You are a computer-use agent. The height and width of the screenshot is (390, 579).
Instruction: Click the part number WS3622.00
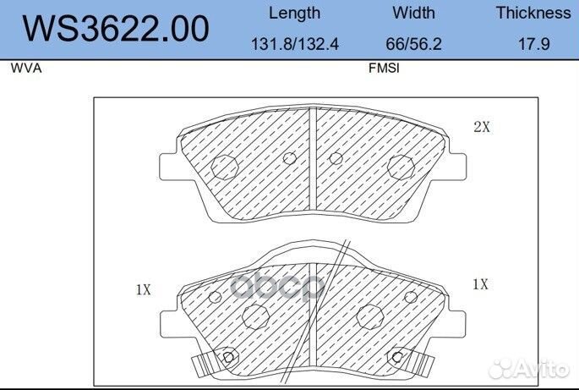point(115,29)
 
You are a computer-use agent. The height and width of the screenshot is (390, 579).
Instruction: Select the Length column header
point(294,13)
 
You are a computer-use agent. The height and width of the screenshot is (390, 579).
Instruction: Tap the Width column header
point(413,13)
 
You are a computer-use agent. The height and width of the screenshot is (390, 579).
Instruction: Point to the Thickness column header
point(533,13)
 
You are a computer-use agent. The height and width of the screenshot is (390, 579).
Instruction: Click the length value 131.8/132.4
point(295,44)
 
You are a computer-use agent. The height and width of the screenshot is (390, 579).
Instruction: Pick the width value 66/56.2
point(413,44)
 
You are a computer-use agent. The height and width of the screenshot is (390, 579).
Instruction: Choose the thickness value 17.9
point(533,44)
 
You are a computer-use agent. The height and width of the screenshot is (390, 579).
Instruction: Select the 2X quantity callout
point(482,128)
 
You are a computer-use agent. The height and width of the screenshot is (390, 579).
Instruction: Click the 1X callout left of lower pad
point(143,289)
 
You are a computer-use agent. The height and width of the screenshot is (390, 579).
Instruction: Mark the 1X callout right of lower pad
point(480,285)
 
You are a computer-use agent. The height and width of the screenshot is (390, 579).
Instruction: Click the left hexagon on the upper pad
point(223,167)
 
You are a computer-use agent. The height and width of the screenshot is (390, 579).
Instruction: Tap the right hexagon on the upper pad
point(401,167)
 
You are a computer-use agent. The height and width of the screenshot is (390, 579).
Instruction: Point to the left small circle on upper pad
point(289,158)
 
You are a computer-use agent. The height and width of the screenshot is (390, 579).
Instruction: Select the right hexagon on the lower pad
point(370,317)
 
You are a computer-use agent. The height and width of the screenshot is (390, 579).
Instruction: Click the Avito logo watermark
point(532,367)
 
